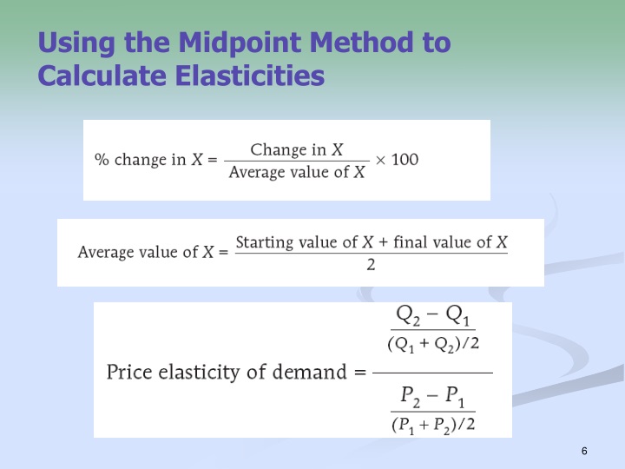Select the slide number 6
[584, 451]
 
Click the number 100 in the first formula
[405, 160]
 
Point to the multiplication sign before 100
[379, 160]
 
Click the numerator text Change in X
[296, 149]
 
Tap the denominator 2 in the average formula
[371, 265]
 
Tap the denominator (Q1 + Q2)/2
[433, 343]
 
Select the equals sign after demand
[359, 373]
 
